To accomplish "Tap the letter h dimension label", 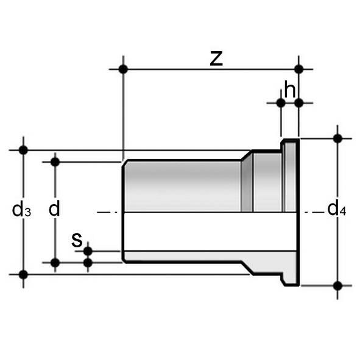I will [290, 89].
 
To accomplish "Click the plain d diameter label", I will [55, 210].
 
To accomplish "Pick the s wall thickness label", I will [77, 239].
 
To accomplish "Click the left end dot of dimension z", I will [123, 69].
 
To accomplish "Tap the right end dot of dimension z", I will [298, 69].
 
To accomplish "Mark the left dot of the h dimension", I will [281, 103].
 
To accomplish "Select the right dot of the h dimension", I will [298, 103].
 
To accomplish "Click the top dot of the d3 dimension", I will [23, 150].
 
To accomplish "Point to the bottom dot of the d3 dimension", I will [23, 274].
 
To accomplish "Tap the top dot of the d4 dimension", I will [338, 138].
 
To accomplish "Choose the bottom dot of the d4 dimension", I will [338, 284].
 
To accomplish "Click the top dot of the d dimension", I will [55, 161].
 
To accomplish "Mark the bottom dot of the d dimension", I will [55, 263].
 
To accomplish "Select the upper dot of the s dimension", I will [88, 251].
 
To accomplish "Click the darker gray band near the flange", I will [247, 186].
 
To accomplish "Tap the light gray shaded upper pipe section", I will [183, 186].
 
